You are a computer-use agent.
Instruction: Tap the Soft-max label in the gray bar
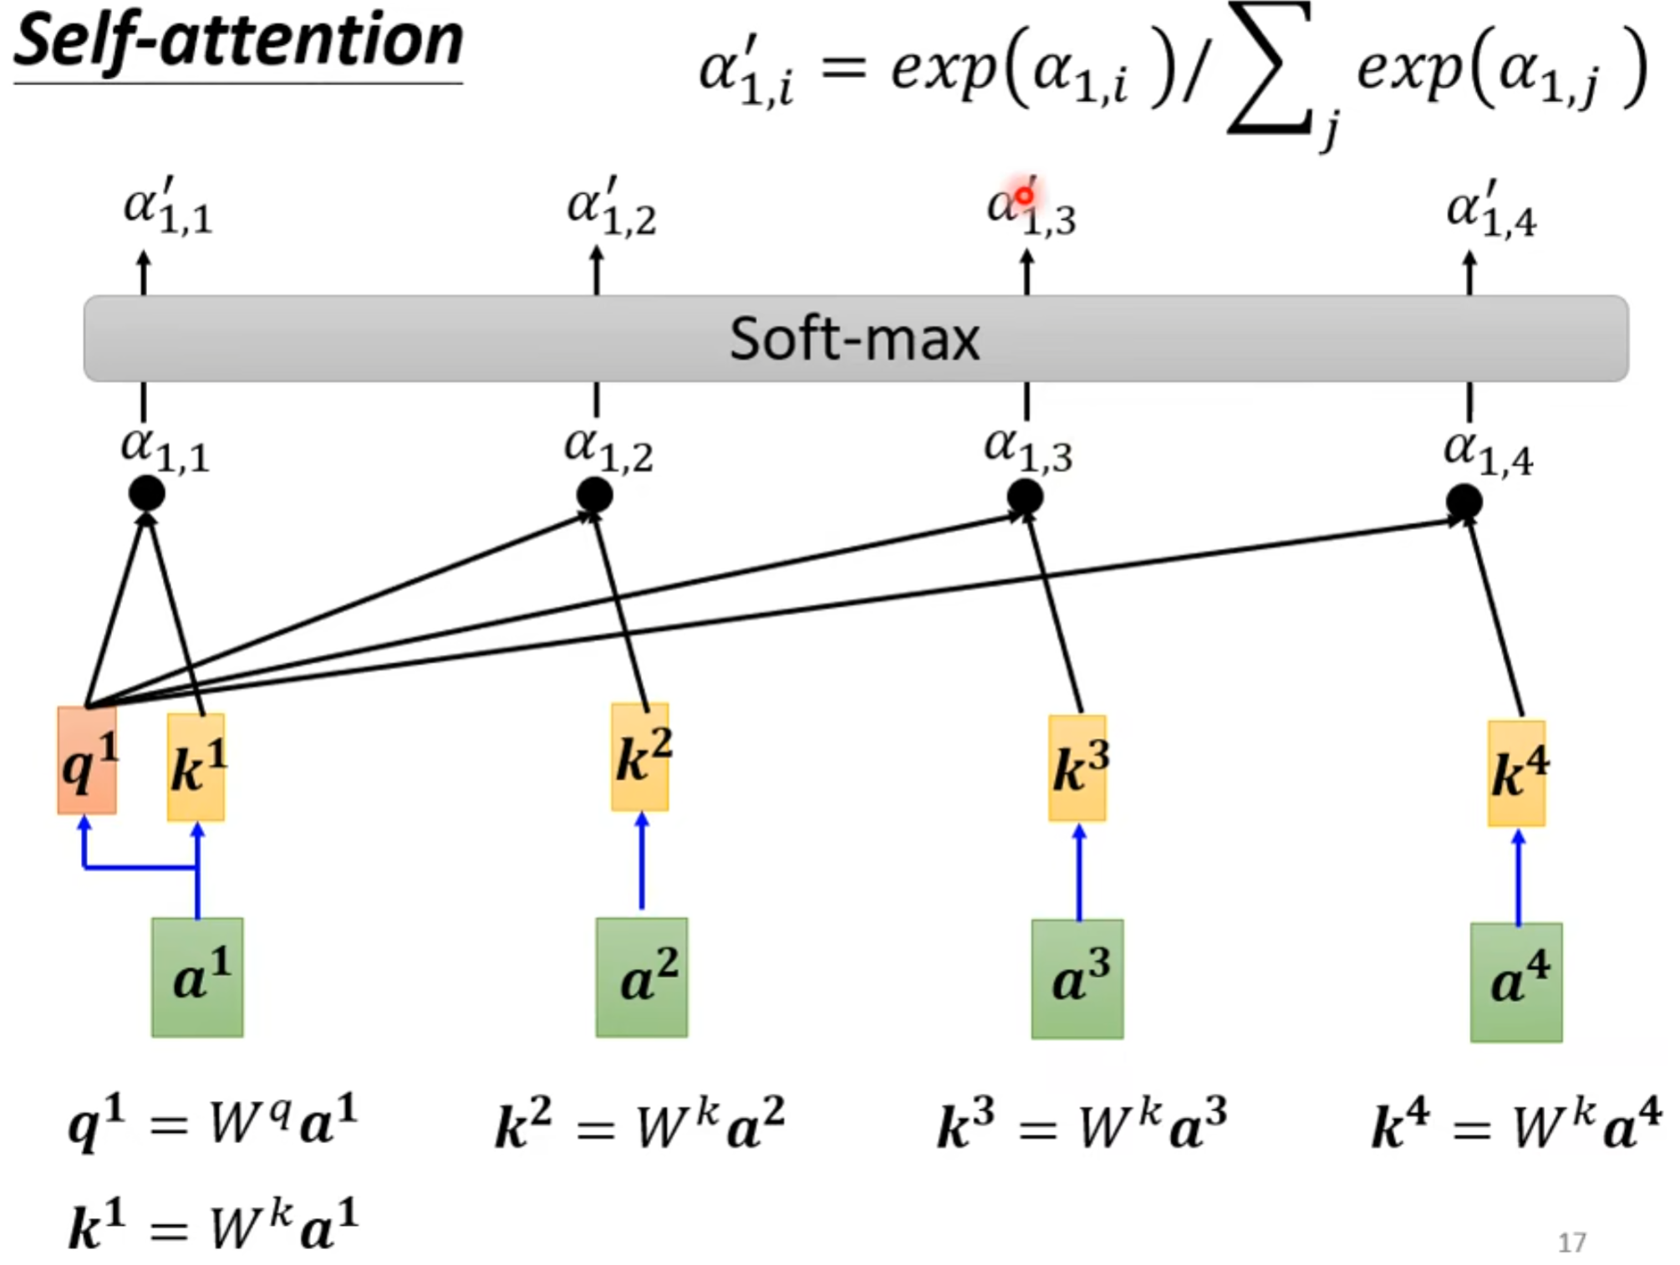854,339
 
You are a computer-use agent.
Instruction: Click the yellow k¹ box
196,767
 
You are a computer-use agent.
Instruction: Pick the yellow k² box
640,757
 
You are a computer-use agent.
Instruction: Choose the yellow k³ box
1077,768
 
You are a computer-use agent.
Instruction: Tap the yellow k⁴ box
1517,773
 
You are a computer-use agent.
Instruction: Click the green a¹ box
198,977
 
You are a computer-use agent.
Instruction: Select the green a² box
642,977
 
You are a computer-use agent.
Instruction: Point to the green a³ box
1077,979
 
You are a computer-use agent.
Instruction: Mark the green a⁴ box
1516,982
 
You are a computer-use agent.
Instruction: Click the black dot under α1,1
147,493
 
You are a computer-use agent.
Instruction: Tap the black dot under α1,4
1464,502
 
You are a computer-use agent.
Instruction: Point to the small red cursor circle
1024,196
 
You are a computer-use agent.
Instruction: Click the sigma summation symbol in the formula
1269,71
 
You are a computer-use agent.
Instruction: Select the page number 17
1571,1242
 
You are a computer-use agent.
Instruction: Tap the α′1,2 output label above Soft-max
611,207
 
